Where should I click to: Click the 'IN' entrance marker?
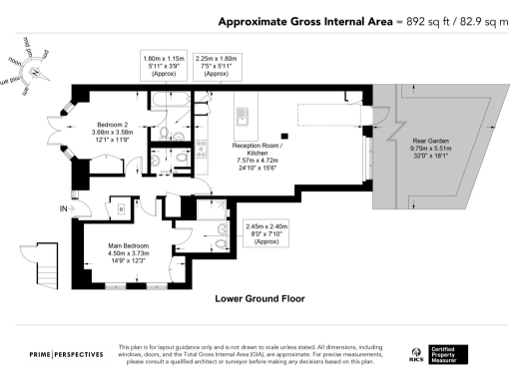coord(63,208)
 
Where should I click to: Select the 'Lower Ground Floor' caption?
coord(259,298)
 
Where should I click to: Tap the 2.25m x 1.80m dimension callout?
coord(218,67)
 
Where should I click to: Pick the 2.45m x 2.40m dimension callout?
coord(266,233)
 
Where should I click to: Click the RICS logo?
coord(417,354)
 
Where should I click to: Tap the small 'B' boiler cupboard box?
coord(121,209)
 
